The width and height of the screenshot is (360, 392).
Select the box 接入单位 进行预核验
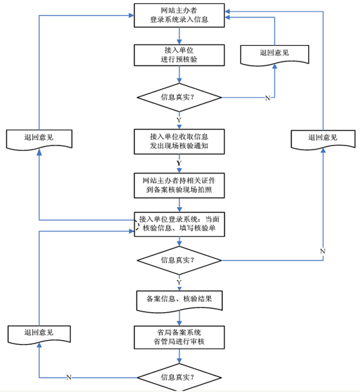(179, 55)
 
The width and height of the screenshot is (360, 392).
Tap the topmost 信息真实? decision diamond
(179, 98)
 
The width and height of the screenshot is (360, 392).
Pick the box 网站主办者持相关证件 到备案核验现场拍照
(179, 184)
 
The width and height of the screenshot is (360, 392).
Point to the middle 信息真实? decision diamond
(179, 260)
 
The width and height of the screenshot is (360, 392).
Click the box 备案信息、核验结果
(179, 298)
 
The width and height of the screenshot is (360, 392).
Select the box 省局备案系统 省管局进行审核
(179, 337)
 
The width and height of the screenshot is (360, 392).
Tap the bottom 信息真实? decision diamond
(179, 376)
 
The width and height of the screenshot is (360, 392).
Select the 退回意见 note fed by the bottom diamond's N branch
(38, 334)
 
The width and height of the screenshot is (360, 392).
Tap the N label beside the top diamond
(266, 98)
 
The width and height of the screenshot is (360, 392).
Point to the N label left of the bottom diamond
(68, 377)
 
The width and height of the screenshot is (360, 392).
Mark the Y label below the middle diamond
(179, 281)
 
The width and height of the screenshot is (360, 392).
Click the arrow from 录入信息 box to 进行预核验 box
(179, 37)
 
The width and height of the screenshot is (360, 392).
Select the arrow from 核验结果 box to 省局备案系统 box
(179, 317)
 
